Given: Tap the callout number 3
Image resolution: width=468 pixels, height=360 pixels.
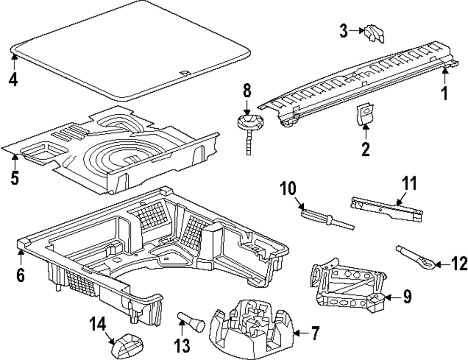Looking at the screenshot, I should coord(344,32).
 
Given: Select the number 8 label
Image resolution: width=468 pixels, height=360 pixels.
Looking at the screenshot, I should coord(247,90).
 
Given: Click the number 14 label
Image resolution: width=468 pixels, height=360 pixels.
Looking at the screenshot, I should coord(99,324).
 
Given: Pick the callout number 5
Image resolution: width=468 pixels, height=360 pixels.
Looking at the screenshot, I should coord(15,178).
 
